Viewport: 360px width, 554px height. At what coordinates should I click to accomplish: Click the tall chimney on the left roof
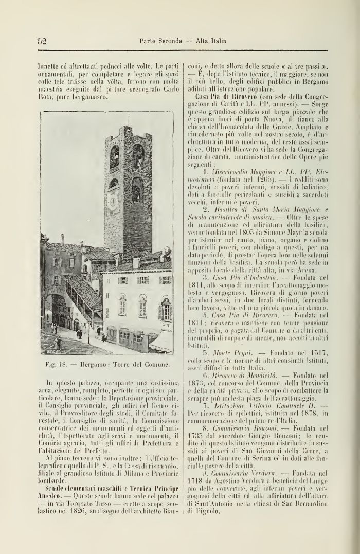[x=62, y=239]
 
